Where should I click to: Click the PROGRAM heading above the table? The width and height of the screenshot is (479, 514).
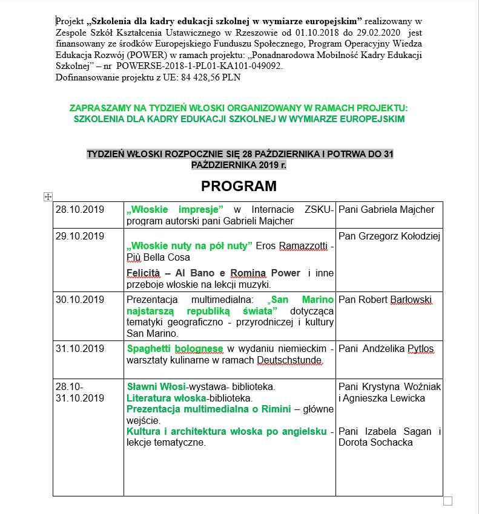coord(239,186)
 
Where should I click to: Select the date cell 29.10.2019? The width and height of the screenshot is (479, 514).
coord(80,236)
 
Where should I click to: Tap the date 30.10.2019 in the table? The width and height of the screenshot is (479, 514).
coord(80,299)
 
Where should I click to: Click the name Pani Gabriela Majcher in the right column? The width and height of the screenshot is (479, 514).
coord(386,209)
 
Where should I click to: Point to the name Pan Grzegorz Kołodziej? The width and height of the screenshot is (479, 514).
coord(389,236)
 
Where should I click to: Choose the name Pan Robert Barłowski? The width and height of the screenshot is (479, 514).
coord(385,299)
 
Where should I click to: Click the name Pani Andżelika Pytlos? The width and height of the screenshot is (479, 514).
coord(386,349)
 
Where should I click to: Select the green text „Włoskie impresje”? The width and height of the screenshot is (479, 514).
coord(175,209)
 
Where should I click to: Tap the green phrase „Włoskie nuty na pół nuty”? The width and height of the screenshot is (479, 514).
coord(189,246)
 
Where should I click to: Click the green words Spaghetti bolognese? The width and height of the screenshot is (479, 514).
coord(175,349)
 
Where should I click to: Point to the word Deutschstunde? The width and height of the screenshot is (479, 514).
coord(289,360)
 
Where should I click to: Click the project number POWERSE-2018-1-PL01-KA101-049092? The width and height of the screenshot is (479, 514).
coord(199,66)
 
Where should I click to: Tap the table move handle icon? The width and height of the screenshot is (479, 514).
coord(48,197)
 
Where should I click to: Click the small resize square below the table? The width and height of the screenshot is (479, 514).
coord(448,501)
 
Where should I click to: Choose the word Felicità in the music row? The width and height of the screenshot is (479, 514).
coord(144,273)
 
